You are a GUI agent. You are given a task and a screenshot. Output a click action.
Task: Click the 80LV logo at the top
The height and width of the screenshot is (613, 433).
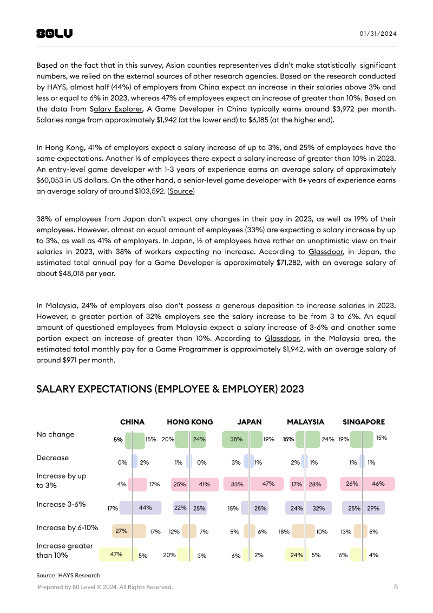tap(54, 34)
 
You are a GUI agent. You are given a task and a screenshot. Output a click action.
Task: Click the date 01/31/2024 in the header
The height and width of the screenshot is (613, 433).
tap(378, 34)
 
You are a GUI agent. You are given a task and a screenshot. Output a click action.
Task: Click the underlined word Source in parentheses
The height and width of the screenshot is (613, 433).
tap(181, 191)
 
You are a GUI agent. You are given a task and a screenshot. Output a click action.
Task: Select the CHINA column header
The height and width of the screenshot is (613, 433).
tap(132, 422)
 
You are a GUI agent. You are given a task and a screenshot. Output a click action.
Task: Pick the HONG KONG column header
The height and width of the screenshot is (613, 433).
tap(190, 422)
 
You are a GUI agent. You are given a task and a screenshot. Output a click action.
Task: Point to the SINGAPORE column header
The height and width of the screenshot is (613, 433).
tap(364, 422)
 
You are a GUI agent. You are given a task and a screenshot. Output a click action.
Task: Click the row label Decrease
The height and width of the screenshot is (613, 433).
tap(53, 458)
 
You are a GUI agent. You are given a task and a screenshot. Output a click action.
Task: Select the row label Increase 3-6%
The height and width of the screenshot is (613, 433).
tap(61, 504)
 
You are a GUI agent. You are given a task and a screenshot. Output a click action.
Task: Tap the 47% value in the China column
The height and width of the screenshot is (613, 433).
tap(116, 554)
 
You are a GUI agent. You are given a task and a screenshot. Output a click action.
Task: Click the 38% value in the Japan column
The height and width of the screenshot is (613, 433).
tap(236, 440)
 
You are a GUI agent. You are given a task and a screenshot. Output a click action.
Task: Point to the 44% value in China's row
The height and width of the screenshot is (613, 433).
tap(145, 508)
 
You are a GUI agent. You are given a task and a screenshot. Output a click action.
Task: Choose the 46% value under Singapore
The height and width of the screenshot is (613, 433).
tap(378, 484)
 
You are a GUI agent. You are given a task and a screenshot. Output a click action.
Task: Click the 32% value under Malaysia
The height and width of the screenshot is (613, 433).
tap(318, 508)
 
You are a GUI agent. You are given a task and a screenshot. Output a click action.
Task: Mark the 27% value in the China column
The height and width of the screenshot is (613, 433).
tap(121, 531)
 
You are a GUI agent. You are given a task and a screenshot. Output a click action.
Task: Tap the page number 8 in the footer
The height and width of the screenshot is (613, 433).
tap(396, 586)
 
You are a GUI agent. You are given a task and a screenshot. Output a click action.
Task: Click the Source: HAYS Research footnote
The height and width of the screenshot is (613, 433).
tap(68, 575)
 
